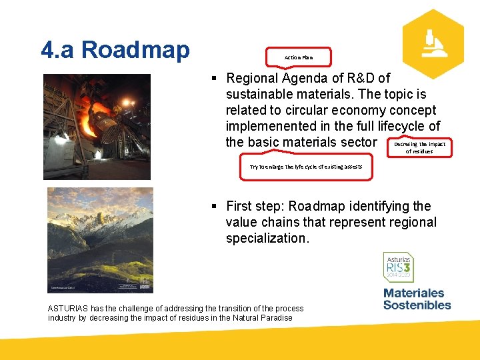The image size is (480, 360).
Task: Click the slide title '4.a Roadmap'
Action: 115,49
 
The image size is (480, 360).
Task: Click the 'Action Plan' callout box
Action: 298,57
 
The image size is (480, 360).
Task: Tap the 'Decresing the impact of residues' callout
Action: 419,147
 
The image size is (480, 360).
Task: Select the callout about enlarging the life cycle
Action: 306,167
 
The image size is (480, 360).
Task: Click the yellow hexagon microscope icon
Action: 433,44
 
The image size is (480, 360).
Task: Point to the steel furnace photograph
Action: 97,127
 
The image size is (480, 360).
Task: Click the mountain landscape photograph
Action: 100,240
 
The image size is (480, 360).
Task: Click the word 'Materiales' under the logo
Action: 413,293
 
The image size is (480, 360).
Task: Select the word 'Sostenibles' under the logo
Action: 417,305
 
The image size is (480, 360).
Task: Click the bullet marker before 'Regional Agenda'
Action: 215,79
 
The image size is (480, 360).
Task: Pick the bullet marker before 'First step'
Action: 215,207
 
